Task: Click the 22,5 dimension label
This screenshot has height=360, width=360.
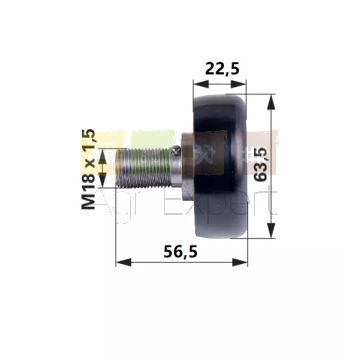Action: tap(222, 69)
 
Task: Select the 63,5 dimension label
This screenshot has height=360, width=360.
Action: tap(261, 164)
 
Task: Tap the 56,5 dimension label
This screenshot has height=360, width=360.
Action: tap(180, 252)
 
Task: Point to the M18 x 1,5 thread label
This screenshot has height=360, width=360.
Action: tap(89, 169)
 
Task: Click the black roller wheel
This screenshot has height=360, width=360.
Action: tap(220, 166)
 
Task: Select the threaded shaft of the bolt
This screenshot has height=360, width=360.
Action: tap(144, 168)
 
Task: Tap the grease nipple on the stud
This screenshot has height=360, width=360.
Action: tap(177, 151)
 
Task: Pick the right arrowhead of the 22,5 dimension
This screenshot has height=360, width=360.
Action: tap(238, 84)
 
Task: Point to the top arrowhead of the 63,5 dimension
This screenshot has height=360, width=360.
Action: tap(271, 102)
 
